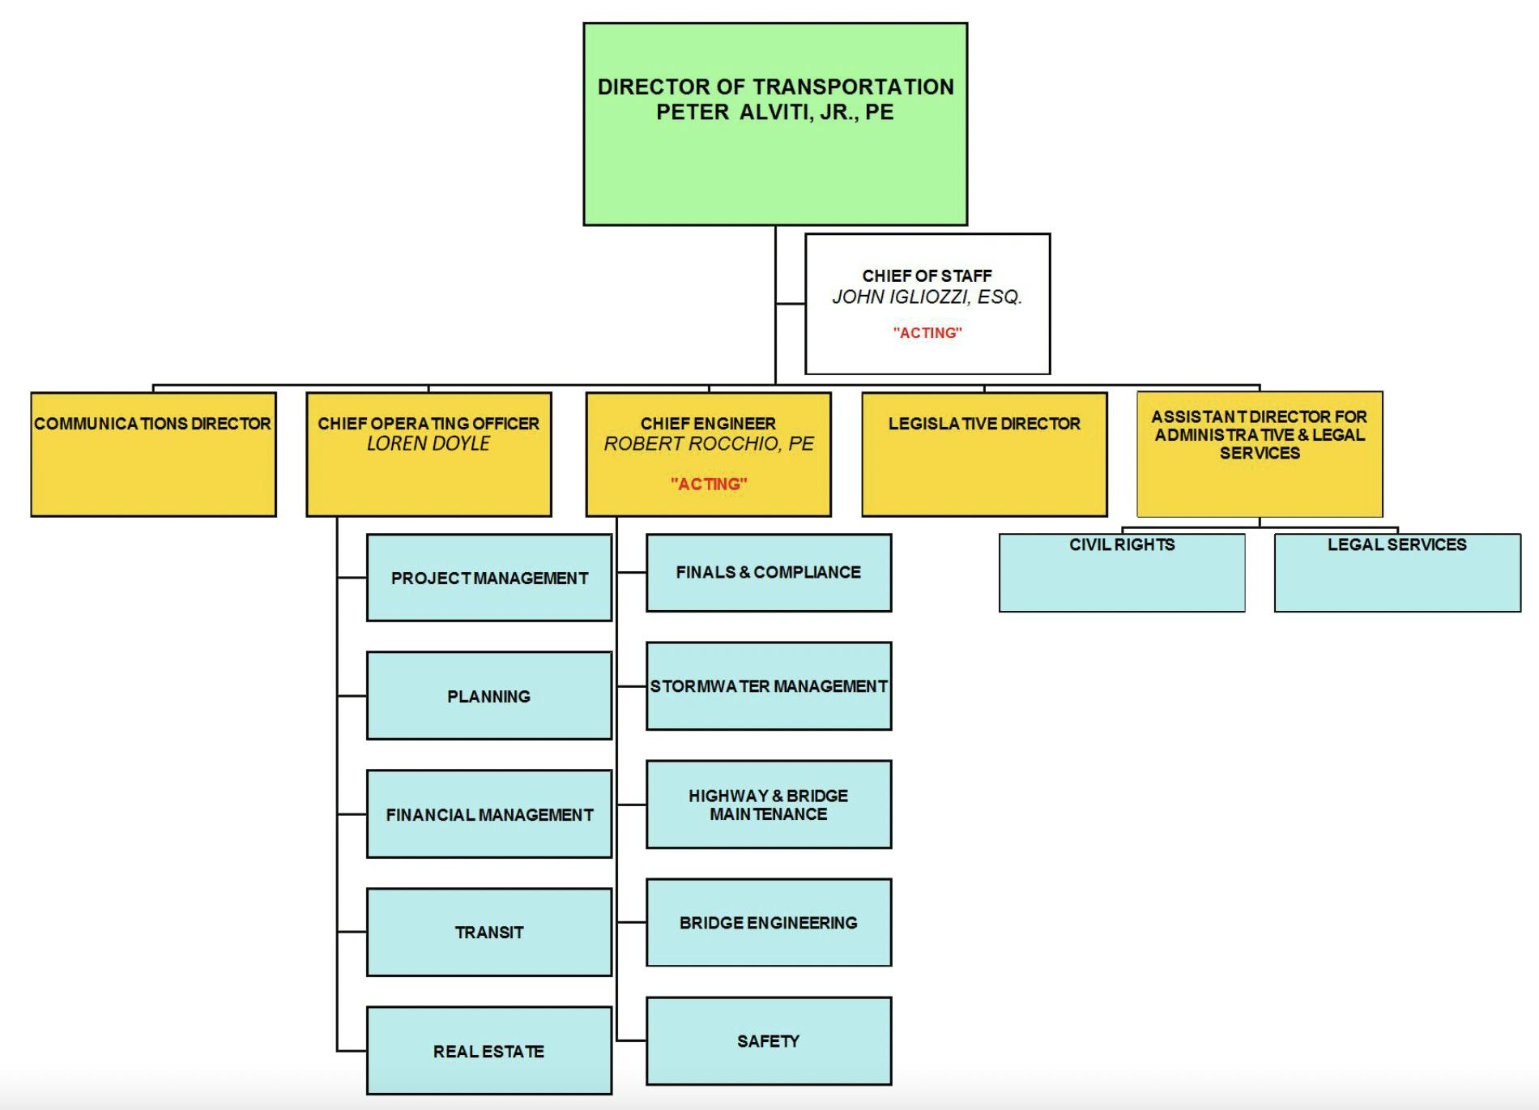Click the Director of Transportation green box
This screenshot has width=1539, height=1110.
(775, 124)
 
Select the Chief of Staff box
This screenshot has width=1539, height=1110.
(927, 304)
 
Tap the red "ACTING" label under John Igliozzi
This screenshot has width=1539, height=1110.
(927, 333)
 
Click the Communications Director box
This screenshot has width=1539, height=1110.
(153, 455)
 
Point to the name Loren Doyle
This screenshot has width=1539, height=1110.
(428, 444)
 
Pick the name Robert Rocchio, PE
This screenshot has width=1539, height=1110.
(709, 444)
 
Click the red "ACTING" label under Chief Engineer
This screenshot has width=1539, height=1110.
(709, 485)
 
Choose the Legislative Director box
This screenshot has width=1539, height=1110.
(984, 455)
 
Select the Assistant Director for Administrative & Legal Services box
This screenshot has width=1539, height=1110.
(1260, 455)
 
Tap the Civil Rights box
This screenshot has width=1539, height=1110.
(1122, 572)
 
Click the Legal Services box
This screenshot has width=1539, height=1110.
(1397, 572)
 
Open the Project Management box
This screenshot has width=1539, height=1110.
(489, 578)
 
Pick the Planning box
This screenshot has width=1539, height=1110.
(489, 696)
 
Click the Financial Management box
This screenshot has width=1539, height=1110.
(489, 814)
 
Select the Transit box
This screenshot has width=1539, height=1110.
(489, 933)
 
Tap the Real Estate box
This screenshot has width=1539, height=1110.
(489, 1051)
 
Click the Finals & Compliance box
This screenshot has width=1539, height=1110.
(769, 572)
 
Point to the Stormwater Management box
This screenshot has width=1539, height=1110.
(769, 686)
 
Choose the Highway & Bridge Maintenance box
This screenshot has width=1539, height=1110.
(769, 805)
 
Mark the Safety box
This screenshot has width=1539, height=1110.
(769, 1041)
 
